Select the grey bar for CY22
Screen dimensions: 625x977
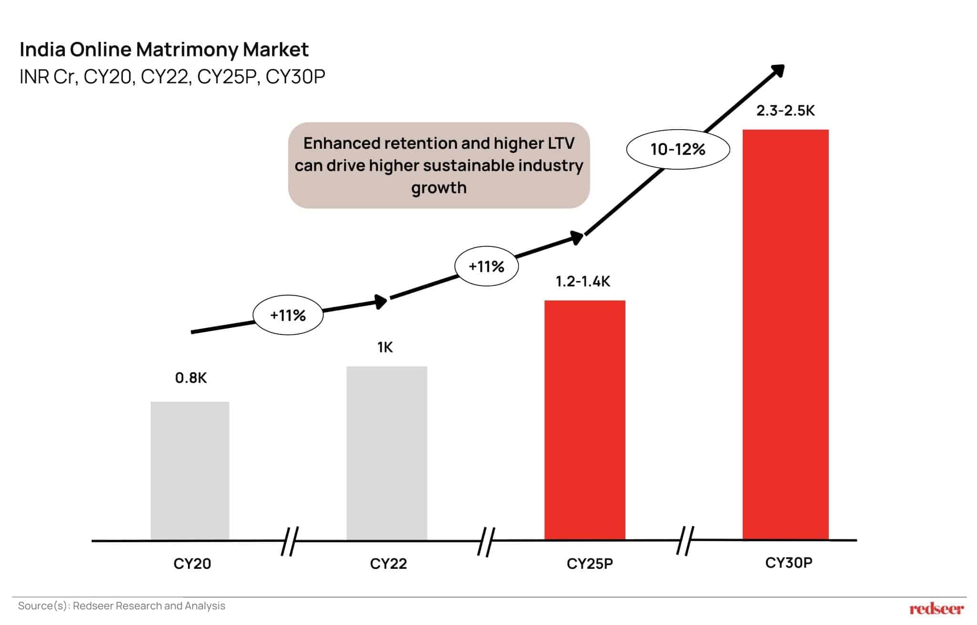point(386,452)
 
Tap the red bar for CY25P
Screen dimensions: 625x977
point(584,420)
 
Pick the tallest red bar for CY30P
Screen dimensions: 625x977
point(785,334)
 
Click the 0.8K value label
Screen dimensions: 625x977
point(191,378)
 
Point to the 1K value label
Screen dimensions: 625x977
point(385,348)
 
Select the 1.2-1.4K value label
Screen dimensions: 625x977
point(582,282)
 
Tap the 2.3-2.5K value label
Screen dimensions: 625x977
point(785,111)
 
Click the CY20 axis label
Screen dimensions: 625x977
point(192,564)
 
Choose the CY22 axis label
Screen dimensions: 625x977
point(388,564)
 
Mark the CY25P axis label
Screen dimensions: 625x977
point(590,564)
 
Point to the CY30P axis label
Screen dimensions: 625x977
point(789,563)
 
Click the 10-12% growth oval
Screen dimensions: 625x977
point(677,149)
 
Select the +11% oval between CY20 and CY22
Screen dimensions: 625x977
point(288,315)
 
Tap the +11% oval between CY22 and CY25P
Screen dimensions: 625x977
point(486,266)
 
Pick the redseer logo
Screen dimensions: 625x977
point(936,609)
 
